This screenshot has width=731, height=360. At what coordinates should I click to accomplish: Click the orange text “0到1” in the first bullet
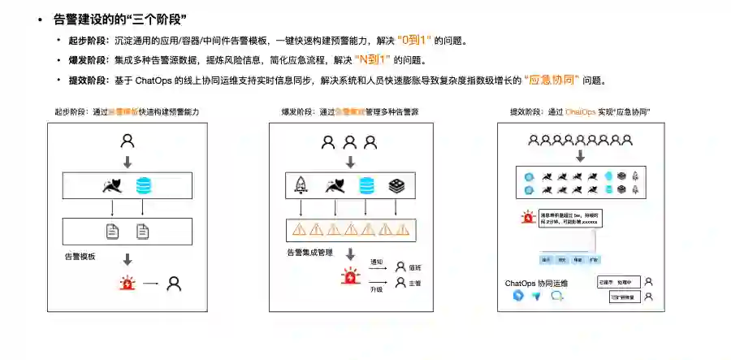tap(415, 40)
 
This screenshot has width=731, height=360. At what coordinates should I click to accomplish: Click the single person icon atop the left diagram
tap(128, 141)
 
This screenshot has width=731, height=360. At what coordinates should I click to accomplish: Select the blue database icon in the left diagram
tap(144, 185)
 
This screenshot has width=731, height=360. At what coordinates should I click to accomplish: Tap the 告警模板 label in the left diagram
tap(80, 256)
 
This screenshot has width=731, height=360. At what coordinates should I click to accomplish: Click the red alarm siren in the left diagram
tap(128, 284)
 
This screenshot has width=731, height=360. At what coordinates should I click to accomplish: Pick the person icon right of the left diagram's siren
tap(174, 284)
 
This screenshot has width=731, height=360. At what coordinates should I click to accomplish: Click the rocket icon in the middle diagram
tap(300, 186)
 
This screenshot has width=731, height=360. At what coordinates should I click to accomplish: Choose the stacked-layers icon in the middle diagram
tap(396, 186)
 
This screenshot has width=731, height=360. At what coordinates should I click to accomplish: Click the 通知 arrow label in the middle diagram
tap(376, 262)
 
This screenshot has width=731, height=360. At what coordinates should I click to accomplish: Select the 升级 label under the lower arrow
tap(376, 288)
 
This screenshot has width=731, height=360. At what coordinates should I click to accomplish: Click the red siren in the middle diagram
tap(351, 276)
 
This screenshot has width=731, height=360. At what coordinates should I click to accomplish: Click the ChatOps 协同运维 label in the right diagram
tap(536, 284)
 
